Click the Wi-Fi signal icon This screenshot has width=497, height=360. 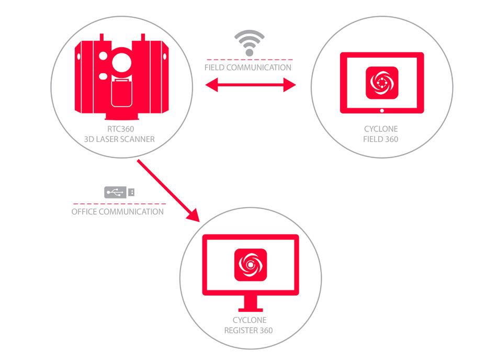(x=250, y=43)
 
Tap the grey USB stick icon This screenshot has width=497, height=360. (x=119, y=192)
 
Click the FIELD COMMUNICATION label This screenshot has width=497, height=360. (x=248, y=67)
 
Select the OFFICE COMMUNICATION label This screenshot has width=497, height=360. (x=118, y=212)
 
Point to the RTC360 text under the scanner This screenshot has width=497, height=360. (x=121, y=129)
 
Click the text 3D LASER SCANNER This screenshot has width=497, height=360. (x=119, y=139)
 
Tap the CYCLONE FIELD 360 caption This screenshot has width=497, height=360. (x=381, y=134)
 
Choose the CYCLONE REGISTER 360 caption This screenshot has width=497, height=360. (x=249, y=325)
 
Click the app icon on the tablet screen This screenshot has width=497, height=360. (x=382, y=83)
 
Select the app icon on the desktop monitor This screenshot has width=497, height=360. (x=251, y=265)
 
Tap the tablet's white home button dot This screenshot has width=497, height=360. (x=382, y=110)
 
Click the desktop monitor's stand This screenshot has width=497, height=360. (x=251, y=303)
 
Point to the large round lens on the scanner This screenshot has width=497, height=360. (x=122, y=62)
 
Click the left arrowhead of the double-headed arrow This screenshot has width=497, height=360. (x=212, y=85)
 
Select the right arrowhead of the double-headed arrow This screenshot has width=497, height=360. (x=289, y=85)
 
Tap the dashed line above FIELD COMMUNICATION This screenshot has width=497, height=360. (x=250, y=60)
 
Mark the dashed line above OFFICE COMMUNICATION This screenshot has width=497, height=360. (x=119, y=204)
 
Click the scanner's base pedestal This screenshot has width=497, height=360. (x=122, y=116)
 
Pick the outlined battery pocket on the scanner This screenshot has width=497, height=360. (x=122, y=93)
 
